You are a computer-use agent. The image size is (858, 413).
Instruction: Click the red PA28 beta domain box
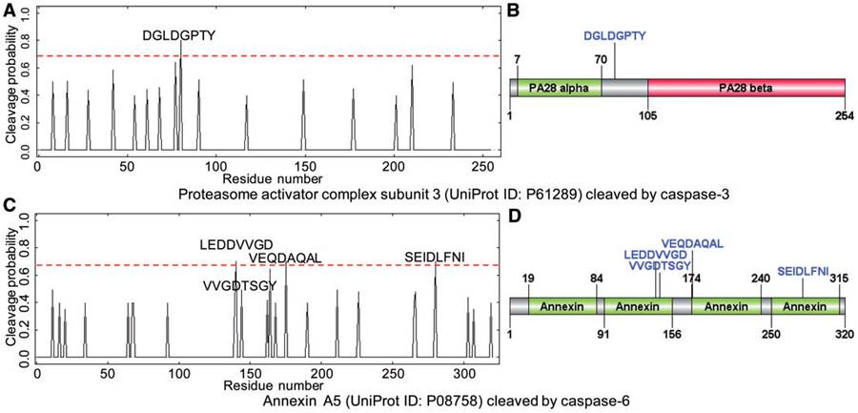(746, 88)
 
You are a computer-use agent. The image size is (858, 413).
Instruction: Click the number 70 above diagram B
(601, 59)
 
